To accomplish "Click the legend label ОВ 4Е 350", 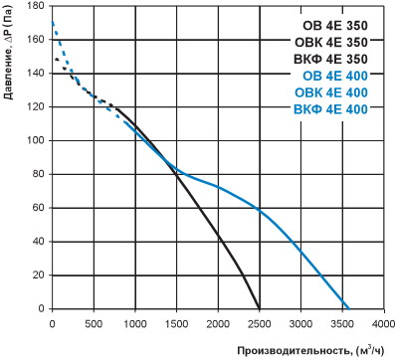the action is (335, 26).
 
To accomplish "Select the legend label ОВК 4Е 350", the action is (331, 43).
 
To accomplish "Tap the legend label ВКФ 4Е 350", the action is (331, 59).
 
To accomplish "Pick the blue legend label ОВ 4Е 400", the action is (335, 76).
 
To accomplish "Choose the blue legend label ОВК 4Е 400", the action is (331, 92).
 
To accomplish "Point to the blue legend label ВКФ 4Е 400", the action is (331, 109).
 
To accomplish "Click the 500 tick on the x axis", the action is (94, 323).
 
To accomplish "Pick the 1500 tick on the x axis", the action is (176, 323).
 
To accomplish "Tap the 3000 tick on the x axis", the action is (300, 323).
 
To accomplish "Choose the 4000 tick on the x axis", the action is (384, 323).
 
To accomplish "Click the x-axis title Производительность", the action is (295, 351).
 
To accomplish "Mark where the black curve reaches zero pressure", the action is (259, 308).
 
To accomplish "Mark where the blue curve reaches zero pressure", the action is (348, 308).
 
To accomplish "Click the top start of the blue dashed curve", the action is (53, 23).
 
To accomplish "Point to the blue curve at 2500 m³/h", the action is (260, 210).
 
